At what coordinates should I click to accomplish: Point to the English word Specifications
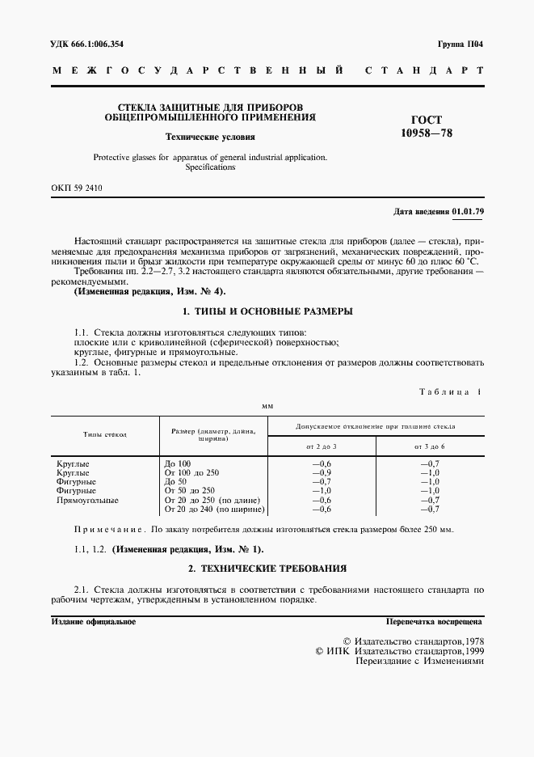pyautogui.click(x=210, y=167)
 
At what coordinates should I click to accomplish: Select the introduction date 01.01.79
pyautogui.click(x=468, y=212)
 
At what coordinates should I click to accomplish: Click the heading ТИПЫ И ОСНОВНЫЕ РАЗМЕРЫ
pyautogui.click(x=267, y=311)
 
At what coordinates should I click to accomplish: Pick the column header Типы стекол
pyautogui.click(x=105, y=435)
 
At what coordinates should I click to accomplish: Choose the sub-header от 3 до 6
pyautogui.click(x=430, y=446)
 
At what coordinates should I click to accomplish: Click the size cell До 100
pyautogui.click(x=177, y=463)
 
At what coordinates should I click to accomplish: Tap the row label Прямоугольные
pyautogui.click(x=87, y=500)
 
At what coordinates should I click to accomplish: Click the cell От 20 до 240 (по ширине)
pyautogui.click(x=214, y=510)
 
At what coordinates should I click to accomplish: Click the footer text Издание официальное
pyautogui.click(x=93, y=623)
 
